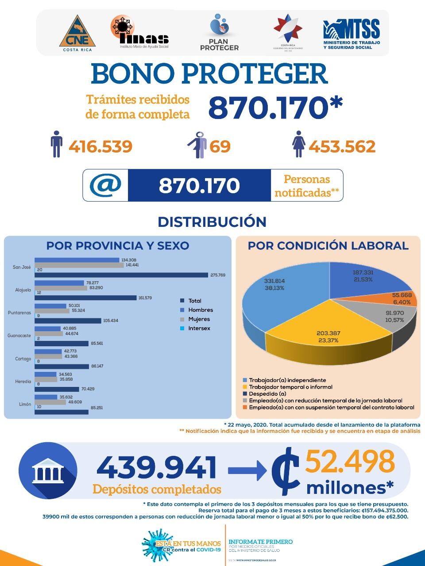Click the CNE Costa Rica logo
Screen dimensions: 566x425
(77, 33)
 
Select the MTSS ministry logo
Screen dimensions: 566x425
(351, 33)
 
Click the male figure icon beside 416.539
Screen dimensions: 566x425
(56, 144)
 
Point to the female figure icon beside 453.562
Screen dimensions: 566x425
(299, 144)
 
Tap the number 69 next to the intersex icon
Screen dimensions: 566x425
(220, 146)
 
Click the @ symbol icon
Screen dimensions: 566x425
(105, 185)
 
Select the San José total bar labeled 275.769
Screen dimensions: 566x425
(121, 275)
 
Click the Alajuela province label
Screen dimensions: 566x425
(23, 290)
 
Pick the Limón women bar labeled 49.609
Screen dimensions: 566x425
(50, 402)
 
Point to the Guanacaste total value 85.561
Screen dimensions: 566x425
(97, 343)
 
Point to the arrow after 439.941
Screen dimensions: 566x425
(246, 470)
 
